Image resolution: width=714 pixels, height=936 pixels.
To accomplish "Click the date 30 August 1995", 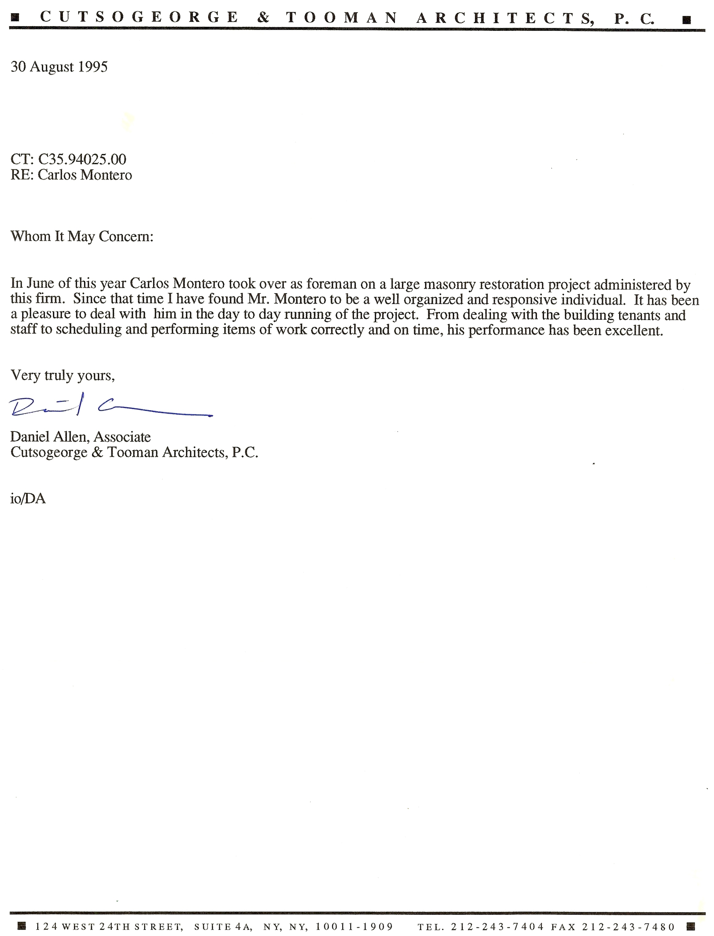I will [59, 67].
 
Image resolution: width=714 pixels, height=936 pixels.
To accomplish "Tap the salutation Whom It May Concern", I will [82, 236].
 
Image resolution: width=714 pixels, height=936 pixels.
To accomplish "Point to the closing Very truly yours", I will [63, 375].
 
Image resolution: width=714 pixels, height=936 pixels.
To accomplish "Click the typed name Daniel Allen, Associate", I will [80, 437].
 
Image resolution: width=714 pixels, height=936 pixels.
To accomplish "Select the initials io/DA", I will [28, 498].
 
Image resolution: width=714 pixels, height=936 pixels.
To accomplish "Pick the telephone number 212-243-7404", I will [497, 926].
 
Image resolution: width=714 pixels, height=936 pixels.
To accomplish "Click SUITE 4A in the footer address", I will [223, 926].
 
